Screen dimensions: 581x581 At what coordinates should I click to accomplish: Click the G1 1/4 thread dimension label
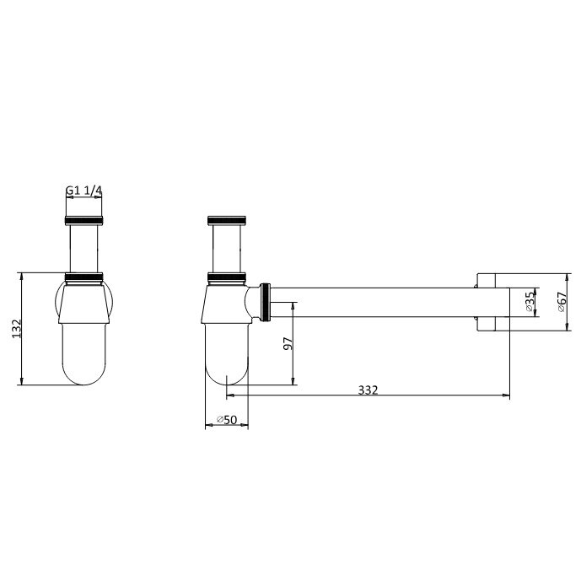coord(83,191)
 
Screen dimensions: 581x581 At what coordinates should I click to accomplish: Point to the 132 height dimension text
coord(13,328)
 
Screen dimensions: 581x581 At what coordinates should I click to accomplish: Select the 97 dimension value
coord(287,344)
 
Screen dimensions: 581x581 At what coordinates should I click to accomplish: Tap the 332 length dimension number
coord(368,390)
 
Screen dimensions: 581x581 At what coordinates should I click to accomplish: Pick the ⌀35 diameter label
coord(529,302)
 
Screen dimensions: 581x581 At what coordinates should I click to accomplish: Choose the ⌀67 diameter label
coord(561,302)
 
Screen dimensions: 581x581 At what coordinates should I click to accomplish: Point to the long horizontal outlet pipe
coord(379,303)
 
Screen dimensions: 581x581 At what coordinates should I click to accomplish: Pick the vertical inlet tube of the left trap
coord(83,249)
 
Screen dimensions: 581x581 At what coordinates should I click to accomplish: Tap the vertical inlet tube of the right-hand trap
coord(226,249)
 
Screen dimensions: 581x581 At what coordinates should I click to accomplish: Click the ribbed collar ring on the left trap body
coord(83,277)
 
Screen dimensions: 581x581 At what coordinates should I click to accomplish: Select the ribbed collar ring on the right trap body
coord(226,277)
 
